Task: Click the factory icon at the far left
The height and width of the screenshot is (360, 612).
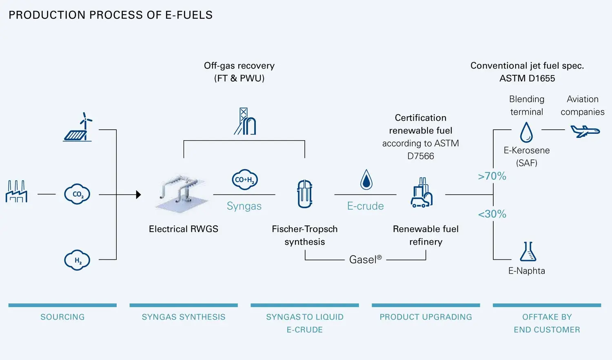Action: point(16,192)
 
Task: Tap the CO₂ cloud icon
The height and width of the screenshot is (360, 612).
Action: point(77,194)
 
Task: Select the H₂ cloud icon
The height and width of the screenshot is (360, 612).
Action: point(77,260)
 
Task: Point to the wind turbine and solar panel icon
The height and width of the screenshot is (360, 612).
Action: point(78,128)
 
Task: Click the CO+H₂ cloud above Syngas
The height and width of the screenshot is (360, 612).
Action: point(245,180)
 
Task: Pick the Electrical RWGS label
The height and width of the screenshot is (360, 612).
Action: point(184,229)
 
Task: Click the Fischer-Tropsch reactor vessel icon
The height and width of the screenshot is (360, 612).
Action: point(305,194)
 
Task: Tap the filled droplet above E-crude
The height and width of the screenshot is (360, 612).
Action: point(366,180)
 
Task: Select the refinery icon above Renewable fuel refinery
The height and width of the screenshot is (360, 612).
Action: point(421,193)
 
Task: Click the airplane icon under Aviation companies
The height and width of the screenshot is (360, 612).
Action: point(585,131)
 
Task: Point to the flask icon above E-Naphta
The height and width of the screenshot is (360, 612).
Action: point(528,252)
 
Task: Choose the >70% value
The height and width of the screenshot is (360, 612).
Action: point(492,176)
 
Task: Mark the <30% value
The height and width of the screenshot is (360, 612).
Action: point(492,214)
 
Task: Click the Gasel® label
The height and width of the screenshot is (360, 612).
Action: point(365,260)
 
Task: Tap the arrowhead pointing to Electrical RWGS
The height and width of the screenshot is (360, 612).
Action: point(138,194)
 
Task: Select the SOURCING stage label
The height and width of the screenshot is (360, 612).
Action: point(62,317)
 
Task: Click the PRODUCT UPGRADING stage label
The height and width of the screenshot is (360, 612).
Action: point(426,317)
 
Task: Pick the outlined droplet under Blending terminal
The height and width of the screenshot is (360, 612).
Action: point(526,132)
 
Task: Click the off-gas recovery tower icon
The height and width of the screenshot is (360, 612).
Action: point(245,121)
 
